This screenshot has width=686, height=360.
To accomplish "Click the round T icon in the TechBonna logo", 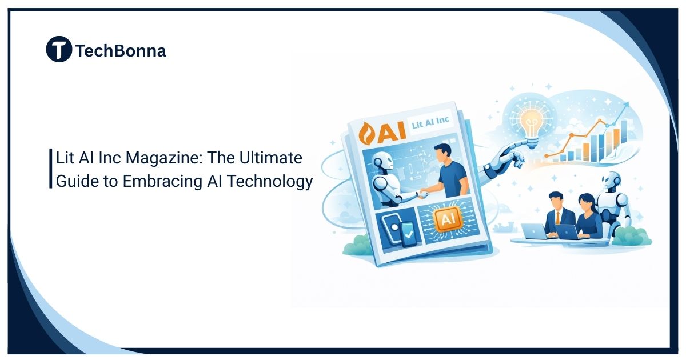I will coord(59,49).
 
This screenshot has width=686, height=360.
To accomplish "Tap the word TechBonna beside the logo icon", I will coord(121,51).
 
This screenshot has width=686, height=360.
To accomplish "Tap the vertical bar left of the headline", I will coord(50,169).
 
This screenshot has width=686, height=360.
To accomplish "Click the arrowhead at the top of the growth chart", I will coord(628,105).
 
